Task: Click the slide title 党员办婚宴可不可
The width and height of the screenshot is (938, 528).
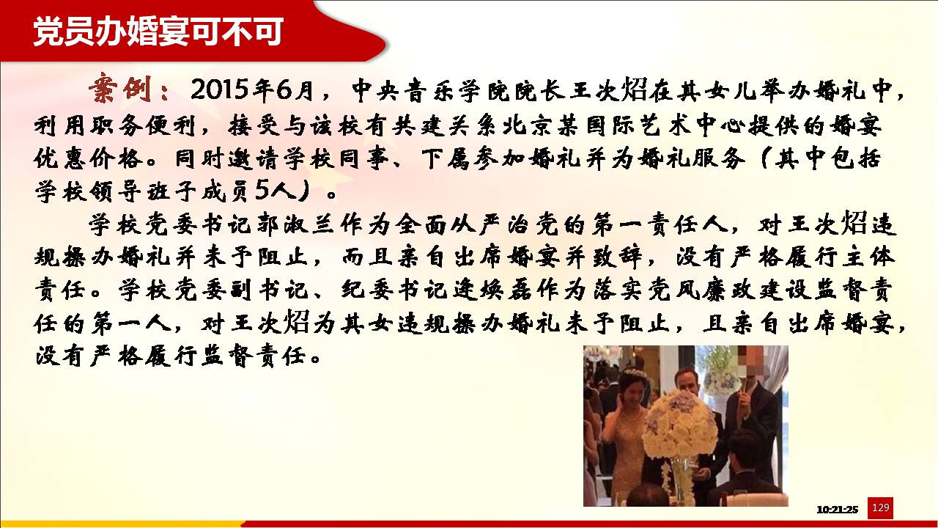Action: tap(158, 32)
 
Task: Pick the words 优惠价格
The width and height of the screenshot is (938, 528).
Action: tap(88, 159)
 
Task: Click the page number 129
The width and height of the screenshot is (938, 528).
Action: tap(880, 508)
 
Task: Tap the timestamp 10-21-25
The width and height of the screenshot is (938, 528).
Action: tap(837, 510)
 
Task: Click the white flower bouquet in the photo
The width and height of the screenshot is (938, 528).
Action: tap(676, 423)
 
